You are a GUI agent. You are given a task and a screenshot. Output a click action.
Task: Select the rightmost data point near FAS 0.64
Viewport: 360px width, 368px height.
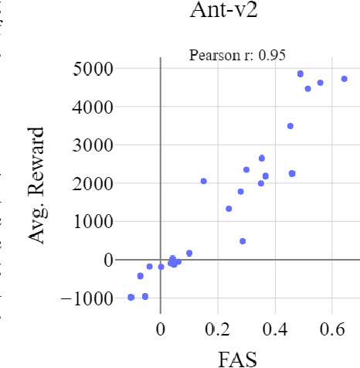(345, 79)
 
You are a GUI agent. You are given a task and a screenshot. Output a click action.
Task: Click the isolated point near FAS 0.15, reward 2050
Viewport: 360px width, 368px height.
(204, 181)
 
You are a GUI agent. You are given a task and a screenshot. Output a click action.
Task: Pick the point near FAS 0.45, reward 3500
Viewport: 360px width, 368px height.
(290, 126)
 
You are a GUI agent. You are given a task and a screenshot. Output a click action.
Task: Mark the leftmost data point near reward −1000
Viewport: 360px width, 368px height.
(131, 297)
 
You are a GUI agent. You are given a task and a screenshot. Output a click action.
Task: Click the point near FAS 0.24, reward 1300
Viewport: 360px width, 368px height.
(229, 209)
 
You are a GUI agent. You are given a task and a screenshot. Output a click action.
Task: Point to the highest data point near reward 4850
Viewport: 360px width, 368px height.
(301, 74)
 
